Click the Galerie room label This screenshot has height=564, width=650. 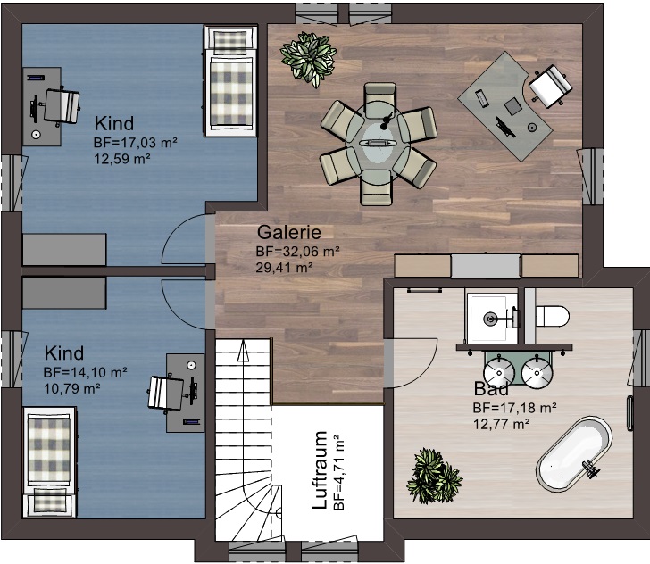(289, 232)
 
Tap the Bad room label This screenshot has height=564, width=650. (491, 389)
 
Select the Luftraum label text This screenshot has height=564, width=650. (320, 470)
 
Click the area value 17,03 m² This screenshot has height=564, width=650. (136, 143)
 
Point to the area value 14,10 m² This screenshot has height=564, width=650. (85, 372)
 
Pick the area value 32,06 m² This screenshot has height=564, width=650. (298, 252)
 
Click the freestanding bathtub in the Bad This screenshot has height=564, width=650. (575, 454)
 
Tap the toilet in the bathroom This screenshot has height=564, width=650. (553, 316)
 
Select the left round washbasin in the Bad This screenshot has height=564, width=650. (499, 372)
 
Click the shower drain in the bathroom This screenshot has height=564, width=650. (490, 319)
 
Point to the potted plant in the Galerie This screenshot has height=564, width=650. (308, 59)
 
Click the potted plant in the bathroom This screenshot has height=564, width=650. (435, 476)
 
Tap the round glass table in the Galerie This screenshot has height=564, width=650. (377, 141)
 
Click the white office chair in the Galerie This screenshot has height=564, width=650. (550, 85)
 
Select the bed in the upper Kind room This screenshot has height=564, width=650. (230, 81)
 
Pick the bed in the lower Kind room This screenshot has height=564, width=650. (50, 461)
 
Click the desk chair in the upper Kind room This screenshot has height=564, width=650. (61, 106)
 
